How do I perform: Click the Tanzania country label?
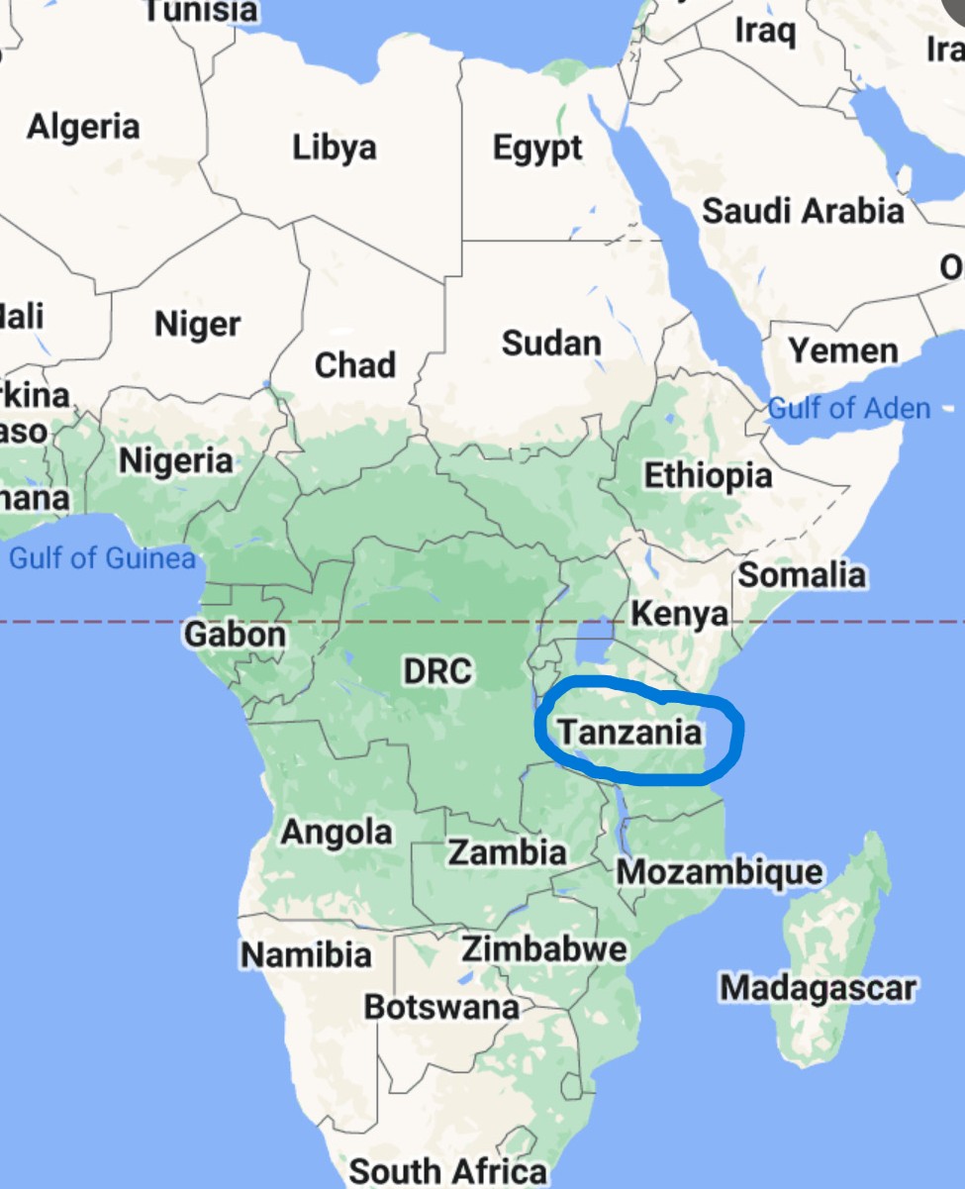(x=629, y=734)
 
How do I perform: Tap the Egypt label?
(x=537, y=149)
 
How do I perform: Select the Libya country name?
(x=335, y=148)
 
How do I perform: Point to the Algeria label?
(x=83, y=127)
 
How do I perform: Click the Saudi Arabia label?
(x=803, y=211)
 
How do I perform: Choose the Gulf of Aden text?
(x=849, y=408)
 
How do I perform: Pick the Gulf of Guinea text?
(x=102, y=558)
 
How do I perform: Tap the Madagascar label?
(x=818, y=987)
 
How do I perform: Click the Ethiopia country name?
(x=708, y=475)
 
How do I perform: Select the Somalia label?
(x=802, y=574)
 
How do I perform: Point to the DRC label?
(x=436, y=671)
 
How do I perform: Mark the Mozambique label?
(x=720, y=872)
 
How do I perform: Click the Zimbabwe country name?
(x=544, y=948)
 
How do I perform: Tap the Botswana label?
(x=441, y=1007)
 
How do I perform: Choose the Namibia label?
(x=307, y=955)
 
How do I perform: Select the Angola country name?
(x=337, y=833)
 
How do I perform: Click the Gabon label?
(x=236, y=634)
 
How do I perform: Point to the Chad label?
(x=355, y=365)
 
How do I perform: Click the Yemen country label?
(x=843, y=350)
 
